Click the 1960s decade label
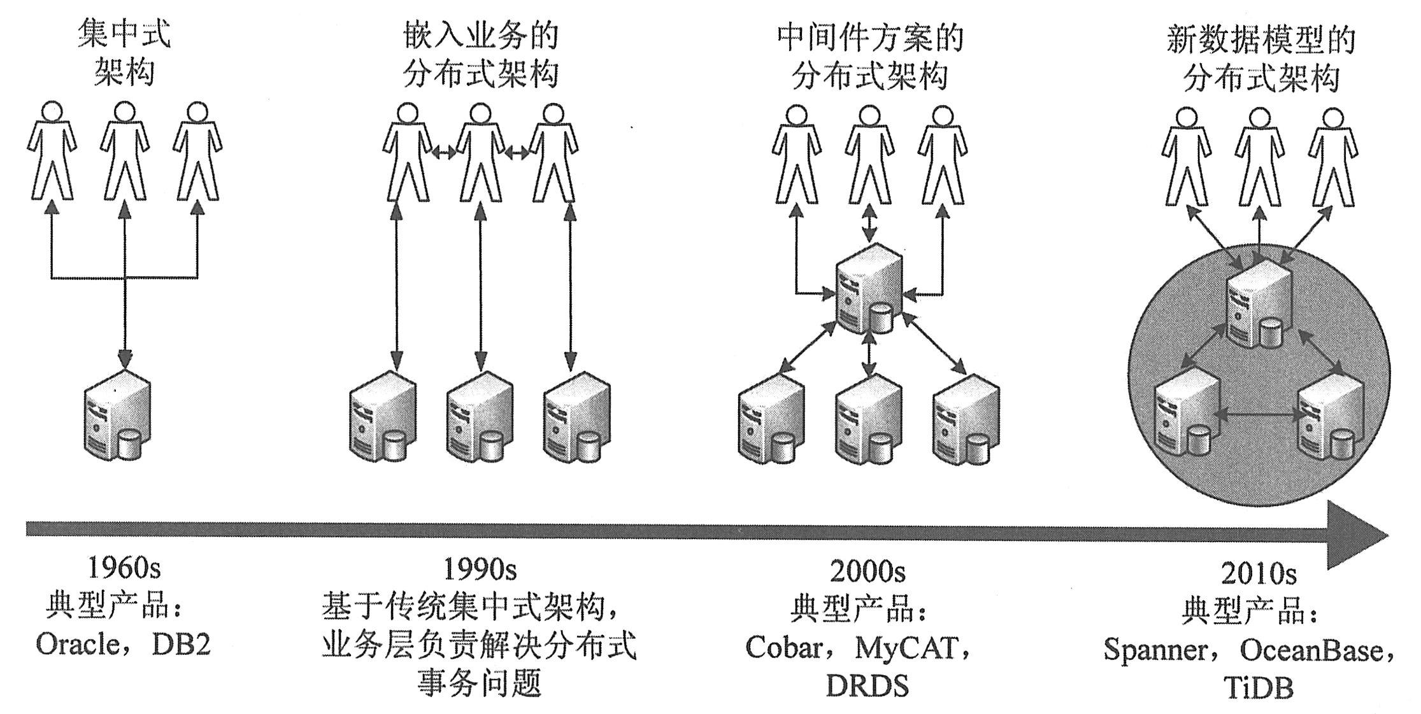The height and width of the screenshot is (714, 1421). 124,568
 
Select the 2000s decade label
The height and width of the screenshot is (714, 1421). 867,571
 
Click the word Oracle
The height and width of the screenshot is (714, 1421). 77,645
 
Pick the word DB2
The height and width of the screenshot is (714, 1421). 181,645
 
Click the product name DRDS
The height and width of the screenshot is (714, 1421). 867,686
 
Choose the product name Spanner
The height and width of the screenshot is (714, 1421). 1155,650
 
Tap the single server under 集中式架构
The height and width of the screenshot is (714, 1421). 118,416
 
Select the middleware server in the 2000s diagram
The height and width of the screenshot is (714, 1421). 869,290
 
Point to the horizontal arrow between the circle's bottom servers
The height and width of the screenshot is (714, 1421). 1259,415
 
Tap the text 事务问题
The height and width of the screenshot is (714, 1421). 479,683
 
